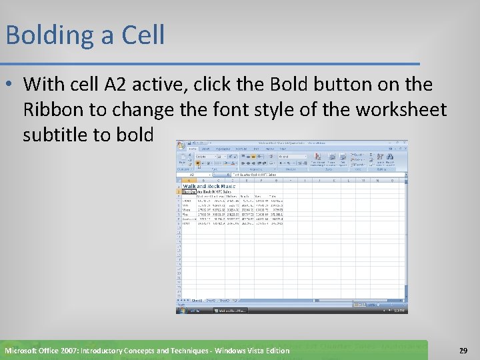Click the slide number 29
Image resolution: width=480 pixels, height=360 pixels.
463,350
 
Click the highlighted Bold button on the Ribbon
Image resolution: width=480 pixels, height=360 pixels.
197,163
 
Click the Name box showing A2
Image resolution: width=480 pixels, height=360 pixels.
192,175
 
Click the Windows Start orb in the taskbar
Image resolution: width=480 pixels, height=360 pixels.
182,310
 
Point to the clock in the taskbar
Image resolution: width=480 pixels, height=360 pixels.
400,310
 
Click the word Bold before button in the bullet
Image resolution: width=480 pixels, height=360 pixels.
290,85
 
